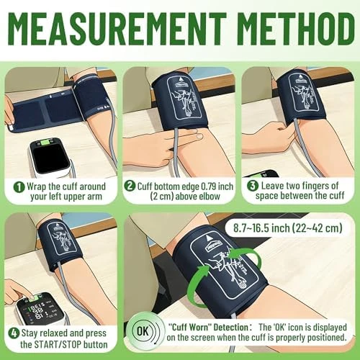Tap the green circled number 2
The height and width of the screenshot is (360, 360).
point(130,186)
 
